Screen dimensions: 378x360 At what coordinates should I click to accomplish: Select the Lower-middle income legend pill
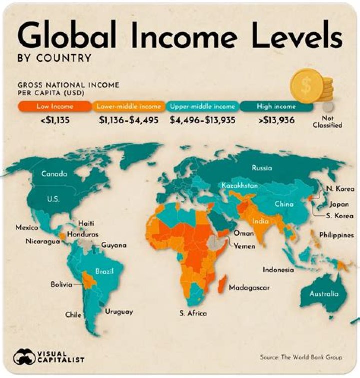128,106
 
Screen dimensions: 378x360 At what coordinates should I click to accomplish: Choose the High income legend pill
276,106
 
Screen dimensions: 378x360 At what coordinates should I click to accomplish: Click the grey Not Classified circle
327,107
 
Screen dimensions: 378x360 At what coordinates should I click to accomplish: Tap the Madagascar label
249,288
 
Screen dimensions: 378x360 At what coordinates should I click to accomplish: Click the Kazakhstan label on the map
240,186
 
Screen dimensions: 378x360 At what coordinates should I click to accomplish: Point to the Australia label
324,294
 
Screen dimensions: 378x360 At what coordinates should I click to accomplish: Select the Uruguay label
119,312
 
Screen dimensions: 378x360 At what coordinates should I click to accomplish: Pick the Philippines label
336,234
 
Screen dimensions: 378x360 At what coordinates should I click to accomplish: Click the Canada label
54,174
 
